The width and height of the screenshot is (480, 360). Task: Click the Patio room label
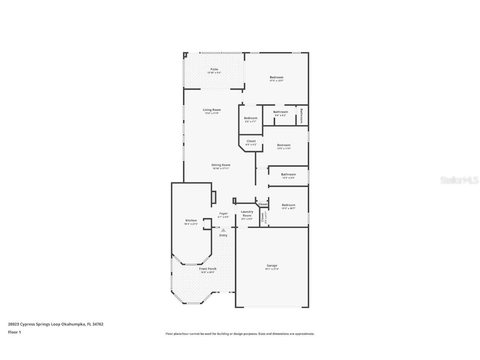pyautogui.click(x=214, y=70)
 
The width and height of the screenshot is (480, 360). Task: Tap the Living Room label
pyautogui.click(x=212, y=110)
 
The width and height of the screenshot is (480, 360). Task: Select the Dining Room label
pyautogui.click(x=221, y=165)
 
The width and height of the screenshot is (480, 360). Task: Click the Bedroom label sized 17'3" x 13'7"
pyautogui.click(x=276, y=77)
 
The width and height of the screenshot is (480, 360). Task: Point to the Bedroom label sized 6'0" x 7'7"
pyautogui.click(x=250, y=118)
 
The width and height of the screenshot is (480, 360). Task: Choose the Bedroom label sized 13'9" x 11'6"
pyautogui.click(x=284, y=145)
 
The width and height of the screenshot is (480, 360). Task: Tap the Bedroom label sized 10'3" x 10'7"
pyautogui.click(x=288, y=205)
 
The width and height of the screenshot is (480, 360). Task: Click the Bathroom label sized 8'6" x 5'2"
pyautogui.click(x=280, y=112)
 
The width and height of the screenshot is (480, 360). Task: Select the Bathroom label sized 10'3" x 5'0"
pyautogui.click(x=288, y=175)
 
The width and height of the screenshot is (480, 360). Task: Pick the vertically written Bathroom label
pyautogui.click(x=301, y=116)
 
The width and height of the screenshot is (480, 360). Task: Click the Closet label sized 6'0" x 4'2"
pyautogui.click(x=251, y=141)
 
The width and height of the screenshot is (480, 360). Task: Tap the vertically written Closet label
pyautogui.click(x=263, y=217)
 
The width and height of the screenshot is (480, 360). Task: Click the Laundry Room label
pyautogui.click(x=247, y=214)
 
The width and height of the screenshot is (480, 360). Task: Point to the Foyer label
pyautogui.click(x=224, y=214)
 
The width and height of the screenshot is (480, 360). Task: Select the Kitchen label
pyautogui.click(x=191, y=220)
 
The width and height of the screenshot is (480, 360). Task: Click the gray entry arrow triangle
pyautogui.click(x=223, y=230)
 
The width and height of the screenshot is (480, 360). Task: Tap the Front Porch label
pyautogui.click(x=207, y=269)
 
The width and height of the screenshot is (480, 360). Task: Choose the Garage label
pyautogui.click(x=272, y=266)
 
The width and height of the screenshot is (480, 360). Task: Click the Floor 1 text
pyautogui.click(x=14, y=332)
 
